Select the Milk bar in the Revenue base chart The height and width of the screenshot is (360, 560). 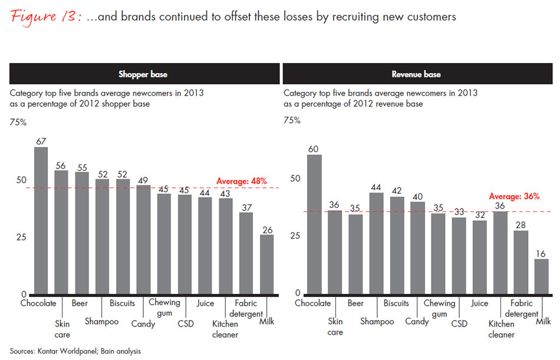(x=542, y=276)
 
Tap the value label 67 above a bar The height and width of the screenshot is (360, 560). (x=41, y=141)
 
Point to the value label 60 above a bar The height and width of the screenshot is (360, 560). (x=315, y=148)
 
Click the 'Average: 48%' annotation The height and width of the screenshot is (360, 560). (x=242, y=181)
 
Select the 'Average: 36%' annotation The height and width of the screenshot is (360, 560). (x=515, y=197)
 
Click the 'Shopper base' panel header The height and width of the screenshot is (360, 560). (x=144, y=74)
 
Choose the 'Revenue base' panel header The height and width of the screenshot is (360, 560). (x=416, y=74)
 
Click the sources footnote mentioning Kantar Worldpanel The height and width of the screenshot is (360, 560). (x=75, y=351)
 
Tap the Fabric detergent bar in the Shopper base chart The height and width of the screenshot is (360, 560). (x=246, y=253)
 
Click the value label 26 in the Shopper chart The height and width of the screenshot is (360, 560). (x=266, y=230)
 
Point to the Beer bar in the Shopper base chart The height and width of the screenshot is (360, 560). (x=82, y=233)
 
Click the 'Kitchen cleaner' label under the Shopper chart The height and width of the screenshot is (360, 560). (x=225, y=329)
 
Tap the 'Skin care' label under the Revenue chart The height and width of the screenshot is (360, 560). (x=335, y=326)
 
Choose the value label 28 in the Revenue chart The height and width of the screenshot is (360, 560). (x=521, y=224)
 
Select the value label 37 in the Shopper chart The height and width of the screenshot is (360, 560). (x=246, y=207)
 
